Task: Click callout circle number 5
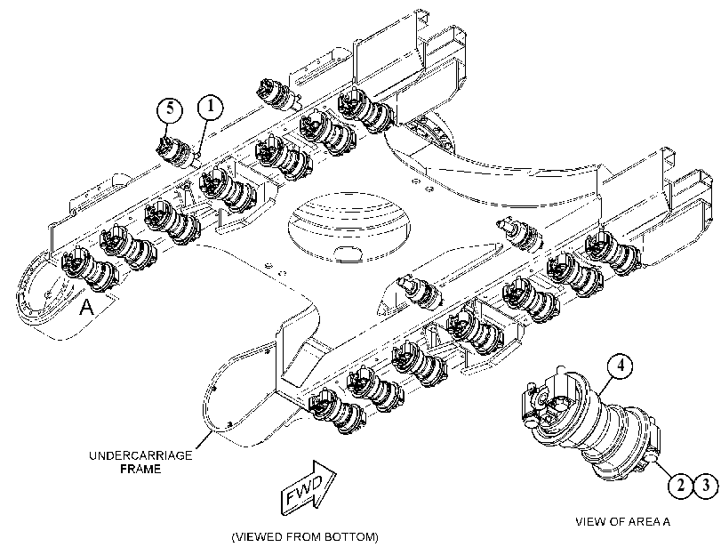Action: [x=170, y=109]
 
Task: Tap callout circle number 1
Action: [x=210, y=107]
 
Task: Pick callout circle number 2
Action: [x=680, y=485]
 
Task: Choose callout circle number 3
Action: [x=705, y=485]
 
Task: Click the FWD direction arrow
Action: [x=308, y=488]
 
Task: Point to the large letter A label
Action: [x=86, y=307]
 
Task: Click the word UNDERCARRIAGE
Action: [x=140, y=455]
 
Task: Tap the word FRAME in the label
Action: [x=140, y=470]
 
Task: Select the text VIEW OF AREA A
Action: [x=623, y=522]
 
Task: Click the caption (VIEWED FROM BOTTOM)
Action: [x=305, y=537]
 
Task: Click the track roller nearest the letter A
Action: [x=90, y=269]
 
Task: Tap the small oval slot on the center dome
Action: [x=348, y=252]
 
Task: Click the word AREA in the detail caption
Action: [x=646, y=522]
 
